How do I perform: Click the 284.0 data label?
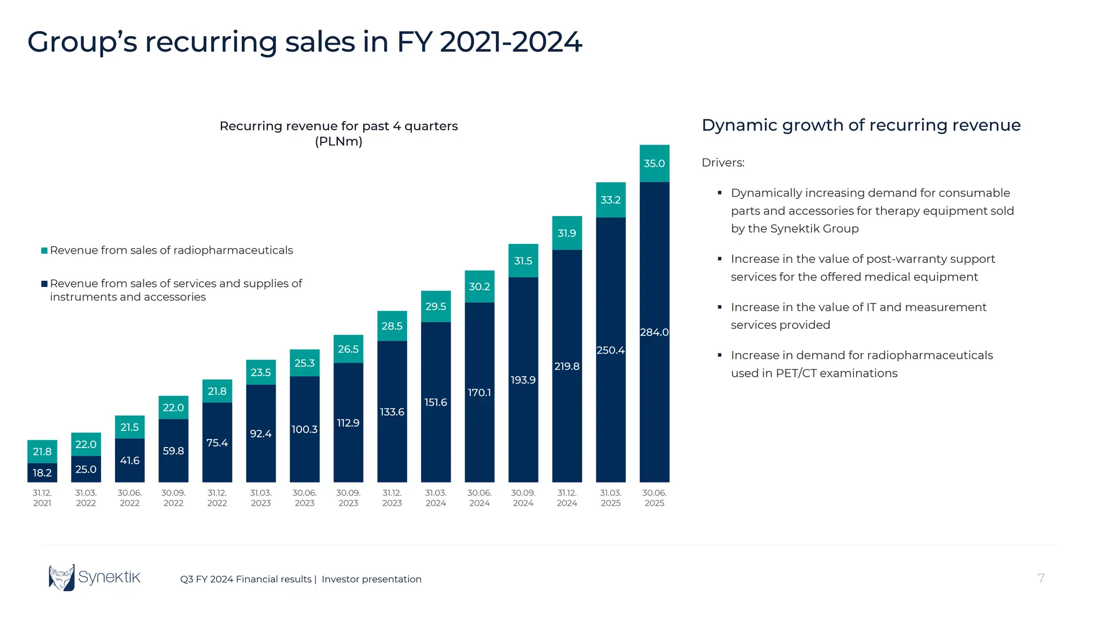(x=654, y=332)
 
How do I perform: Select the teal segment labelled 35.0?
(x=654, y=163)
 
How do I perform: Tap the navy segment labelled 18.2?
(x=42, y=473)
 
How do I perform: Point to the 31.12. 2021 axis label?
(x=42, y=498)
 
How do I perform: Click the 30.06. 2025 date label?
(x=654, y=498)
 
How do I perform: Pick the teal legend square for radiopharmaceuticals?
(x=45, y=250)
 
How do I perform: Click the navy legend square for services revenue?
(x=45, y=284)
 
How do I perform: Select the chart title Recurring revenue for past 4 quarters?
(x=338, y=126)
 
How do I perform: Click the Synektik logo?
(x=95, y=578)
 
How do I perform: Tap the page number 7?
(x=1040, y=578)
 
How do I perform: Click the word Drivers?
(x=723, y=163)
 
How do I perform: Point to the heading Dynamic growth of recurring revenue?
(x=860, y=125)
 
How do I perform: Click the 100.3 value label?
(x=305, y=429)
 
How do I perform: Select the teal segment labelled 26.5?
(x=348, y=349)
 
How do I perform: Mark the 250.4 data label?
(x=611, y=350)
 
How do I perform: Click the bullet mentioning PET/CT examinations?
(x=862, y=364)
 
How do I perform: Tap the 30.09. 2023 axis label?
(x=348, y=498)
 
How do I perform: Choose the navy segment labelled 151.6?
(x=436, y=402)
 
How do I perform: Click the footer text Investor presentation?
(x=371, y=579)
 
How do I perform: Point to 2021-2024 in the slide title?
(x=510, y=42)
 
